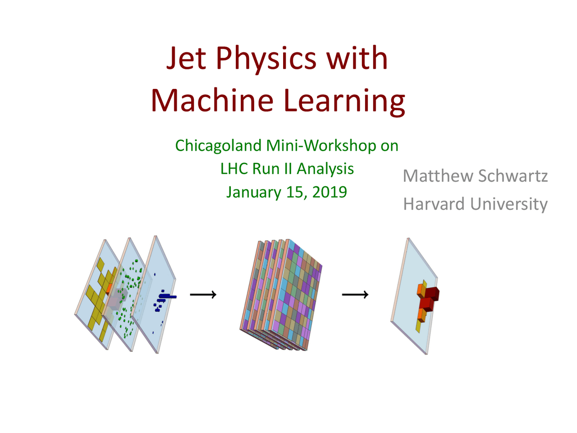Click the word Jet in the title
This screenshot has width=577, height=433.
pos(186,59)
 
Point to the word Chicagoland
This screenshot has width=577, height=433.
pos(218,146)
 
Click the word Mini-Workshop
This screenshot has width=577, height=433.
pos(321,146)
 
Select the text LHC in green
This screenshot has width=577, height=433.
pos(234,169)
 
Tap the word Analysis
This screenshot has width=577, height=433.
pos(325,169)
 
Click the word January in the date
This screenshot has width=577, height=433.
pos(253,192)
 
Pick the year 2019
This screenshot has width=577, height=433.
pos(329,192)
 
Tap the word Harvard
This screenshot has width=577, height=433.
pos(434,204)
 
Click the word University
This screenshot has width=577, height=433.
pos(508,204)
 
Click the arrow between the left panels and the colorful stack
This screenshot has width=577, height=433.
pos(203,295)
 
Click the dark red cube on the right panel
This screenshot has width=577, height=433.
pos(431,294)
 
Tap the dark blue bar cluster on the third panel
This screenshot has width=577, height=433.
pos(165,297)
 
